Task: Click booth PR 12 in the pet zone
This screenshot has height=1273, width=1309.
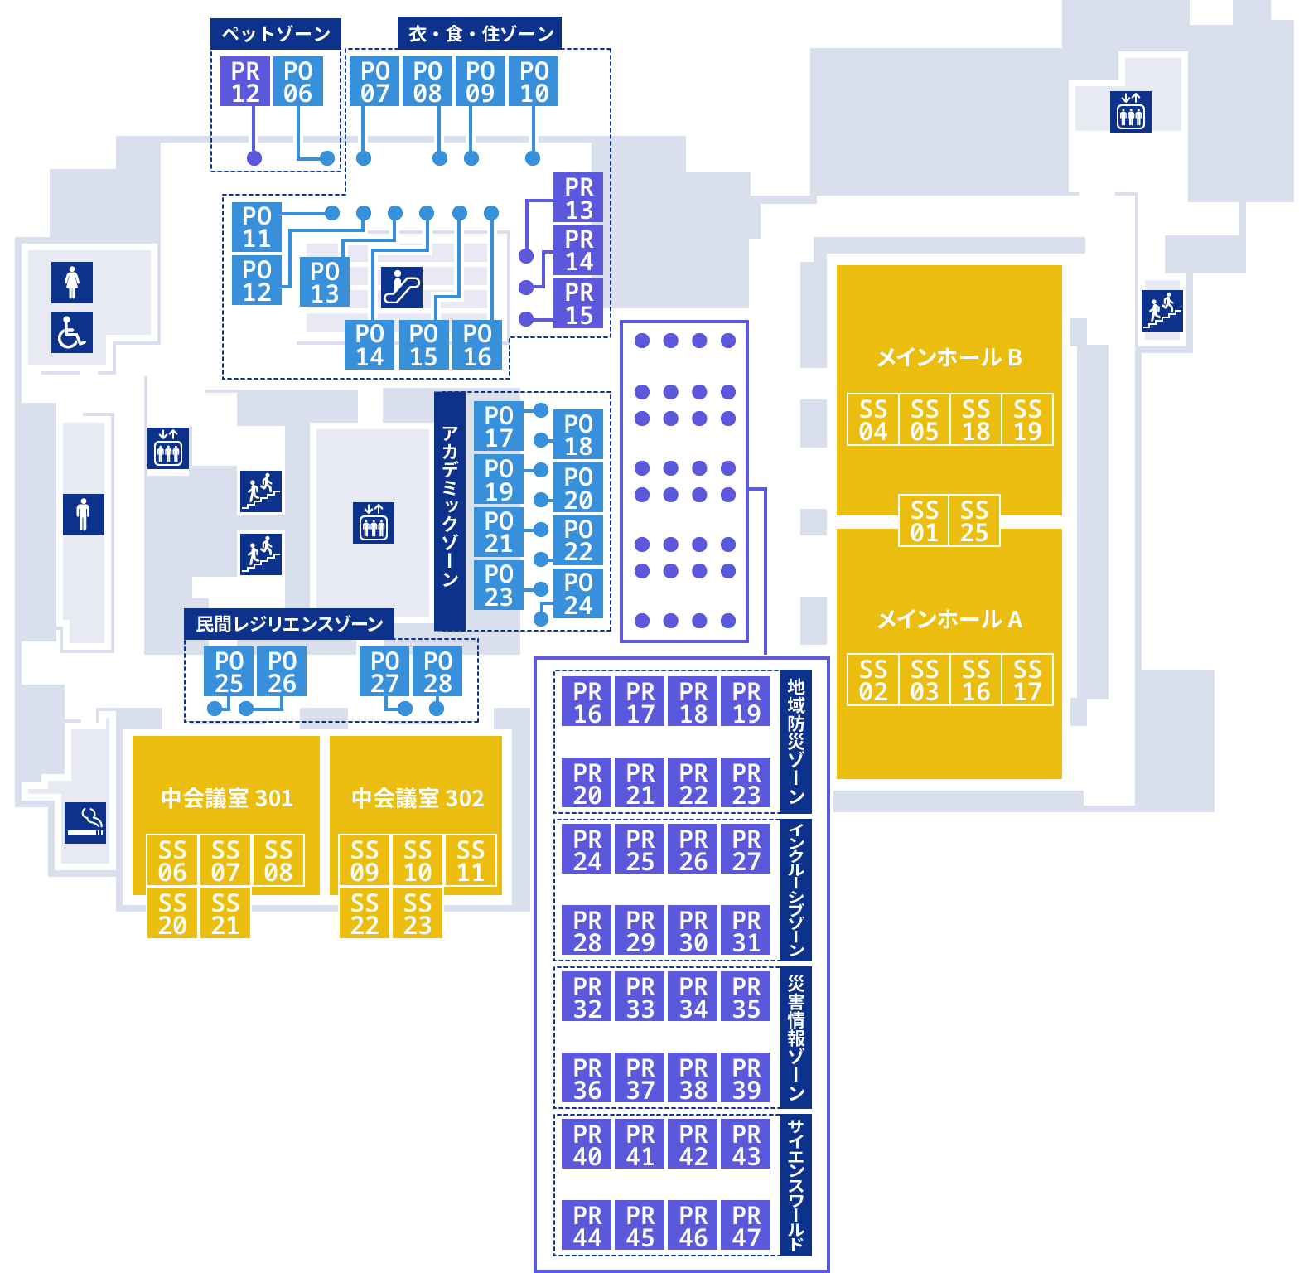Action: click(x=245, y=81)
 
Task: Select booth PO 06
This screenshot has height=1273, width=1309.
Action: click(x=298, y=81)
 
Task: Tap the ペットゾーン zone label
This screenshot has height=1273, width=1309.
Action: click(x=276, y=34)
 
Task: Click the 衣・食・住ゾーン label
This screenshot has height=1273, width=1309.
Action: click(x=480, y=34)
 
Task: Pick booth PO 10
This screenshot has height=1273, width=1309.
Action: click(x=534, y=81)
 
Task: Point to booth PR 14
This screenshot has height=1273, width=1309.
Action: click(x=578, y=250)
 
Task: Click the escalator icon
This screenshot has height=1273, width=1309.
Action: click(x=402, y=288)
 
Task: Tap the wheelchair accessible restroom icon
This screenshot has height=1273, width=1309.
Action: click(x=72, y=333)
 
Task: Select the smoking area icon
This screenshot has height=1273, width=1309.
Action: click(x=85, y=823)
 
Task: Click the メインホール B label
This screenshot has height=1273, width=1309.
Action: click(x=949, y=357)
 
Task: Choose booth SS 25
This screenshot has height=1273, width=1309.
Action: click(x=974, y=520)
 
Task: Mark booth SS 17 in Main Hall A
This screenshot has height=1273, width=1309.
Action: click(x=1027, y=680)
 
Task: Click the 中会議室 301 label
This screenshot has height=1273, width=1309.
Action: click(x=227, y=798)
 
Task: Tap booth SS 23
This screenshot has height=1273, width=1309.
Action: click(x=417, y=913)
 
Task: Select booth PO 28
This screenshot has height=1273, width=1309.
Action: click(x=437, y=671)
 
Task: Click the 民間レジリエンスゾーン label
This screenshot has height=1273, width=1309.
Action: click(x=289, y=624)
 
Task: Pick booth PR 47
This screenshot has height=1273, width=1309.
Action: click(x=746, y=1226)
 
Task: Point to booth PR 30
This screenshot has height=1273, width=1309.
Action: click(x=693, y=931)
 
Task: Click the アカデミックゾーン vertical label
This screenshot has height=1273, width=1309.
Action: click(x=450, y=511)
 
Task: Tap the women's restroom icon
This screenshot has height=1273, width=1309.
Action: click(x=72, y=283)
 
